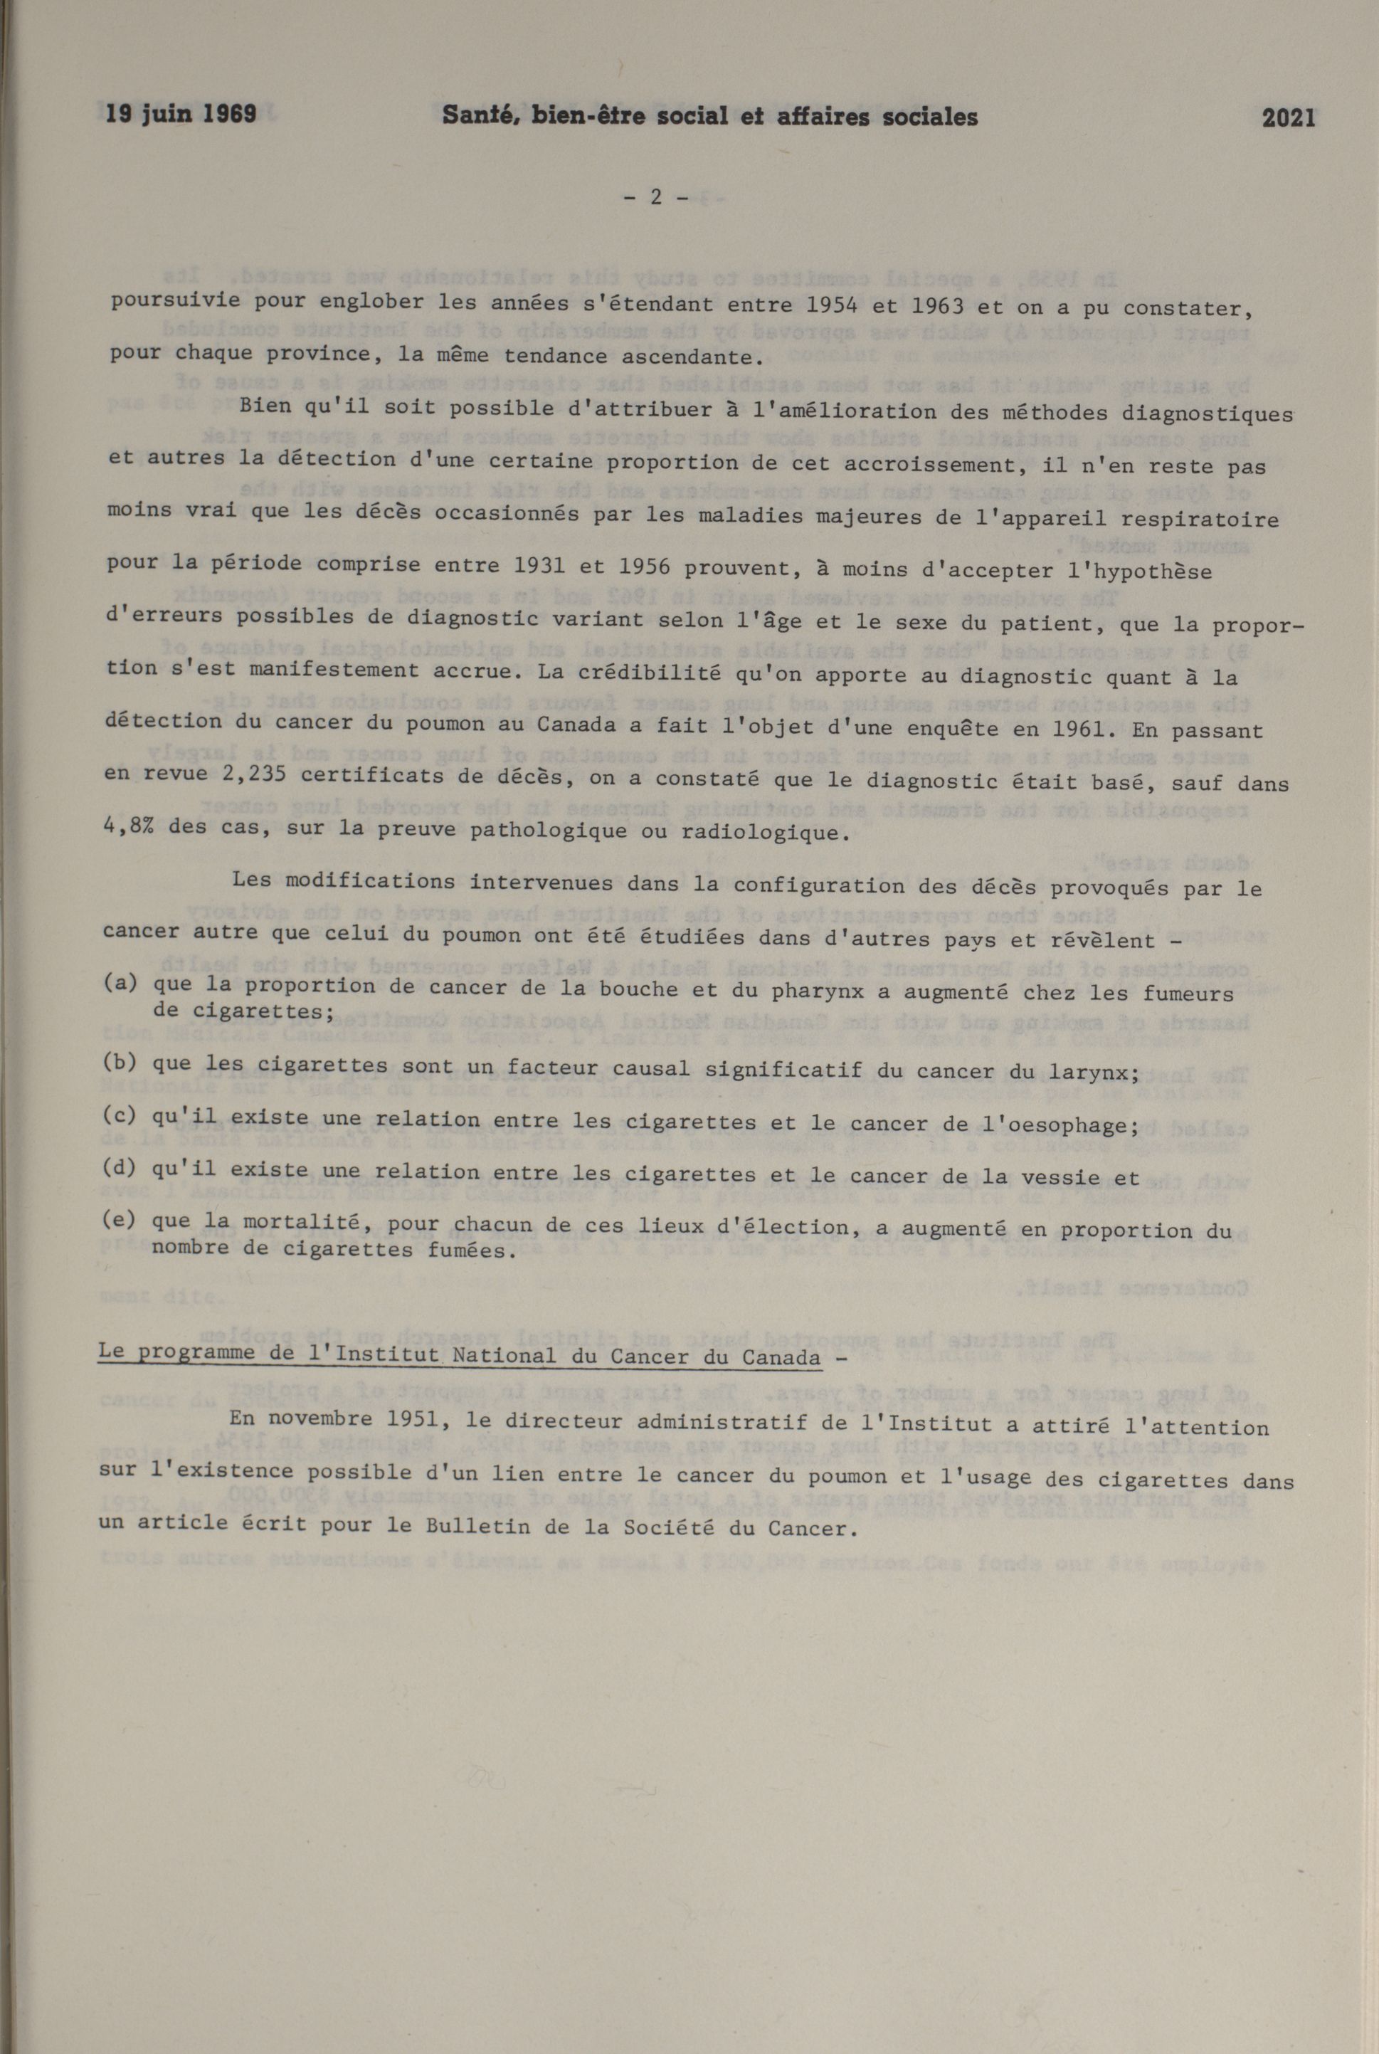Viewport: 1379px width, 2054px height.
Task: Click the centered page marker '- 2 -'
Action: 655,198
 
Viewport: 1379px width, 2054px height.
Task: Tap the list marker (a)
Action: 120,984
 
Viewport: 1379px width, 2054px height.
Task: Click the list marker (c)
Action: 120,1118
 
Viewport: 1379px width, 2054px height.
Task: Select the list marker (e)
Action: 118,1219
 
